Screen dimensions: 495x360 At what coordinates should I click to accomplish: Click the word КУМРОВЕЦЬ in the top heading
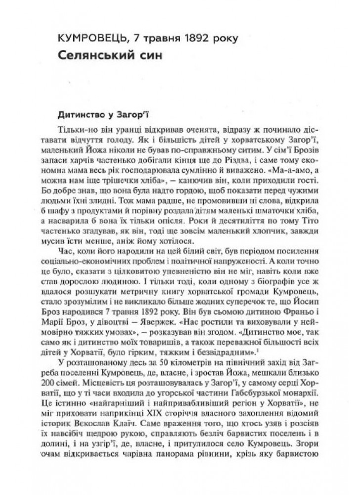(87, 38)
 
